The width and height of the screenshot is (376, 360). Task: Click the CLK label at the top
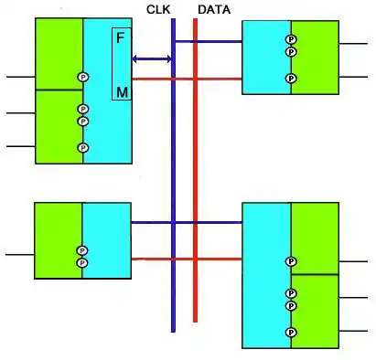point(158,9)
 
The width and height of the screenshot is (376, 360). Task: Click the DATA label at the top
point(213,9)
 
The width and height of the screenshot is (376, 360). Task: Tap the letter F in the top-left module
point(120,38)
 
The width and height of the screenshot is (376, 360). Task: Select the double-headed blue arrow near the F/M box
point(152,59)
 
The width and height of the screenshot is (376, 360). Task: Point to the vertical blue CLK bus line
point(173,183)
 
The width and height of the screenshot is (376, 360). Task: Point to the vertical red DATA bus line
point(195,183)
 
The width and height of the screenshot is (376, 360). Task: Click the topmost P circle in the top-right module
point(291,40)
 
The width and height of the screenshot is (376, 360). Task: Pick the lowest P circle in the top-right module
point(291,79)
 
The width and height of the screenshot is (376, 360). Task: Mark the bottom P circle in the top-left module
point(82,147)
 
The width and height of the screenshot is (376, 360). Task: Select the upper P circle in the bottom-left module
point(81,250)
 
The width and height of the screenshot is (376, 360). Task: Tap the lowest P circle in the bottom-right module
point(291,333)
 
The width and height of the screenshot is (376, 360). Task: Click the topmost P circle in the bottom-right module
point(291,261)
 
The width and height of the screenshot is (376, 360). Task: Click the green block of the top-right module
point(315,57)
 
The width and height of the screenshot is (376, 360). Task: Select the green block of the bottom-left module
point(57,238)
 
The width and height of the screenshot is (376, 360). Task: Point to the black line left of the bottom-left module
point(18,255)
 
